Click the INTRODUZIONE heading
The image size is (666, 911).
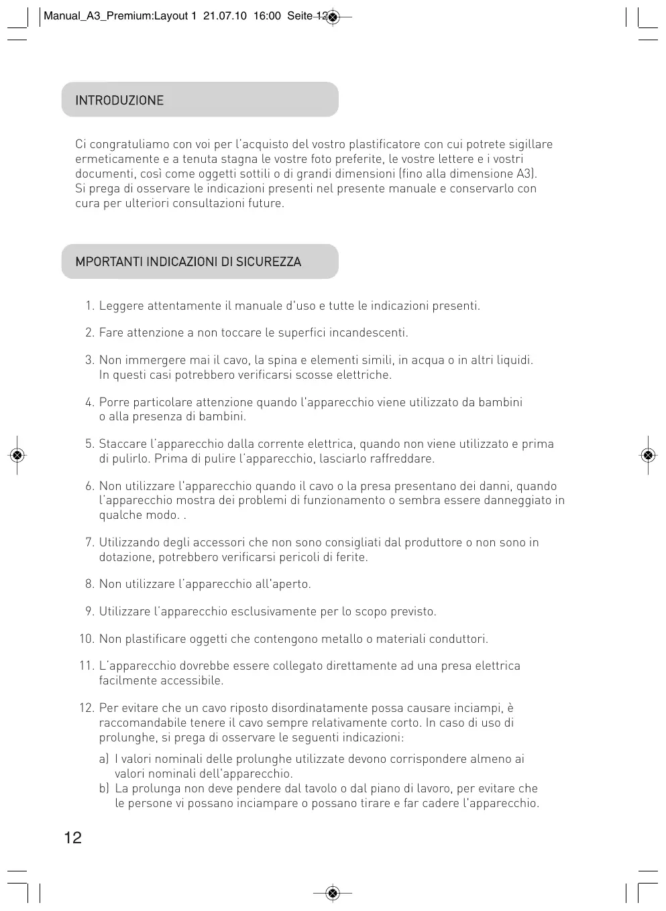click(119, 101)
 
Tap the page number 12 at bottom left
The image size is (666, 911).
click(73, 837)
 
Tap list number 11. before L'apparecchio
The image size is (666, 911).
click(87, 666)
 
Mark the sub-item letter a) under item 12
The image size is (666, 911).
click(104, 760)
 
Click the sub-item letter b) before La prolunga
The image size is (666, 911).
click(104, 789)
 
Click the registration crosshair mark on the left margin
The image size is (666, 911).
click(18, 456)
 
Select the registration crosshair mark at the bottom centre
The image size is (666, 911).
click(333, 893)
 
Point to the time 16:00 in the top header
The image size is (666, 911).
click(267, 16)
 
